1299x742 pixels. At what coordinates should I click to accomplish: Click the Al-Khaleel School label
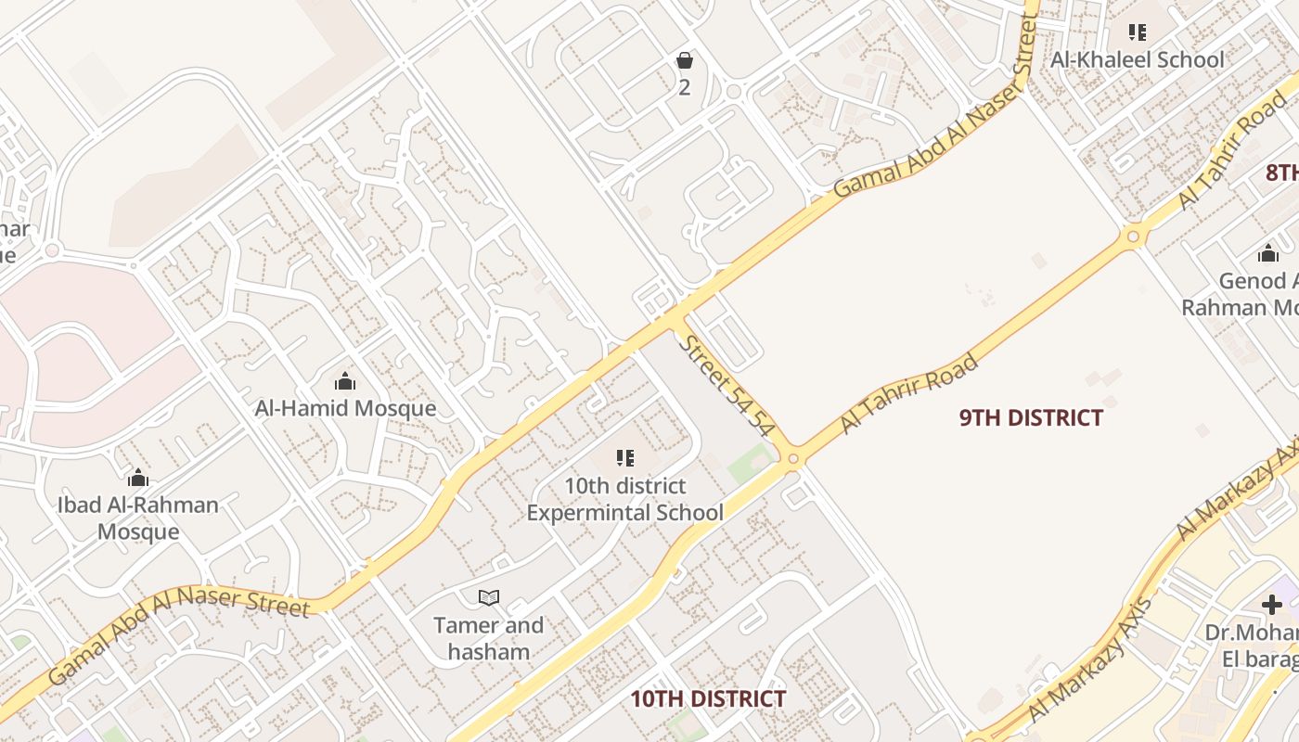(1137, 60)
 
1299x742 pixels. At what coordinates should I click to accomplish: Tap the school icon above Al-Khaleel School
(1138, 32)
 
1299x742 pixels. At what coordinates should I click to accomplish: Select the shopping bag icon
(685, 61)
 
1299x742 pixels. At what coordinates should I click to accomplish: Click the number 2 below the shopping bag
(685, 88)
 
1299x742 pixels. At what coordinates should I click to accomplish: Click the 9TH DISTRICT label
(1031, 418)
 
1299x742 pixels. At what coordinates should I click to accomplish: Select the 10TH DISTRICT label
(708, 699)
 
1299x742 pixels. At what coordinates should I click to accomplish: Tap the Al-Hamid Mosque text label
(345, 408)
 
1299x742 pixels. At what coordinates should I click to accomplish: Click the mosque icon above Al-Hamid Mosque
(345, 381)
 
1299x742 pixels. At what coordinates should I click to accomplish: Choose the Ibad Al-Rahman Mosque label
(138, 518)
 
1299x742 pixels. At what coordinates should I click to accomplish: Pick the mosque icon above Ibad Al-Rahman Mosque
(138, 479)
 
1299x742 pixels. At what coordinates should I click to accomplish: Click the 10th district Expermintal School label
(625, 499)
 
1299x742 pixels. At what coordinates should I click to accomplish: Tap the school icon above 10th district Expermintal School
(625, 458)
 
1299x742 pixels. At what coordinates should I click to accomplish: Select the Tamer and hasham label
(489, 638)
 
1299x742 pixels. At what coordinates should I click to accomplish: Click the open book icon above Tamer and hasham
(489, 597)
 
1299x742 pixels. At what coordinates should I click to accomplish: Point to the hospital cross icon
(1271, 605)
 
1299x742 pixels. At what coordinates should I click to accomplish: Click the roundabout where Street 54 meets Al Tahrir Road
(793, 458)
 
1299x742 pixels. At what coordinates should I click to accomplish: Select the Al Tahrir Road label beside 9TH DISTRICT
(909, 393)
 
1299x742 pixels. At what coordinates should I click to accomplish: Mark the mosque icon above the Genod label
(1268, 253)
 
